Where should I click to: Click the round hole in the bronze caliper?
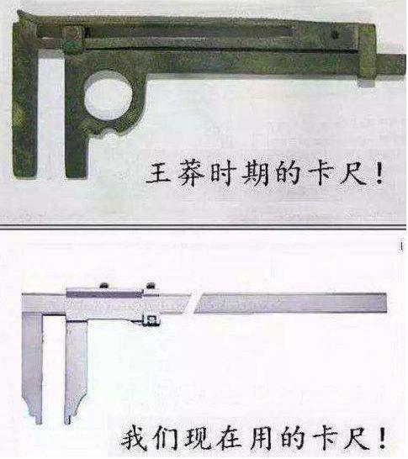[108, 96]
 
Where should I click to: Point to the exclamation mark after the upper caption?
[379, 174]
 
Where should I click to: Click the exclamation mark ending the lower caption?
[382, 439]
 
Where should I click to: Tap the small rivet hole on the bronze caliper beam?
[335, 34]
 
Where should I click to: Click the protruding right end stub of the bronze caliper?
[390, 64]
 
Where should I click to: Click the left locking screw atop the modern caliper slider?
[104, 285]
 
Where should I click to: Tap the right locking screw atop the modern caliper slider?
[151, 285]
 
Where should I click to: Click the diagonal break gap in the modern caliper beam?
[193, 303]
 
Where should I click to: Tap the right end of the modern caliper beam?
[386, 303]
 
